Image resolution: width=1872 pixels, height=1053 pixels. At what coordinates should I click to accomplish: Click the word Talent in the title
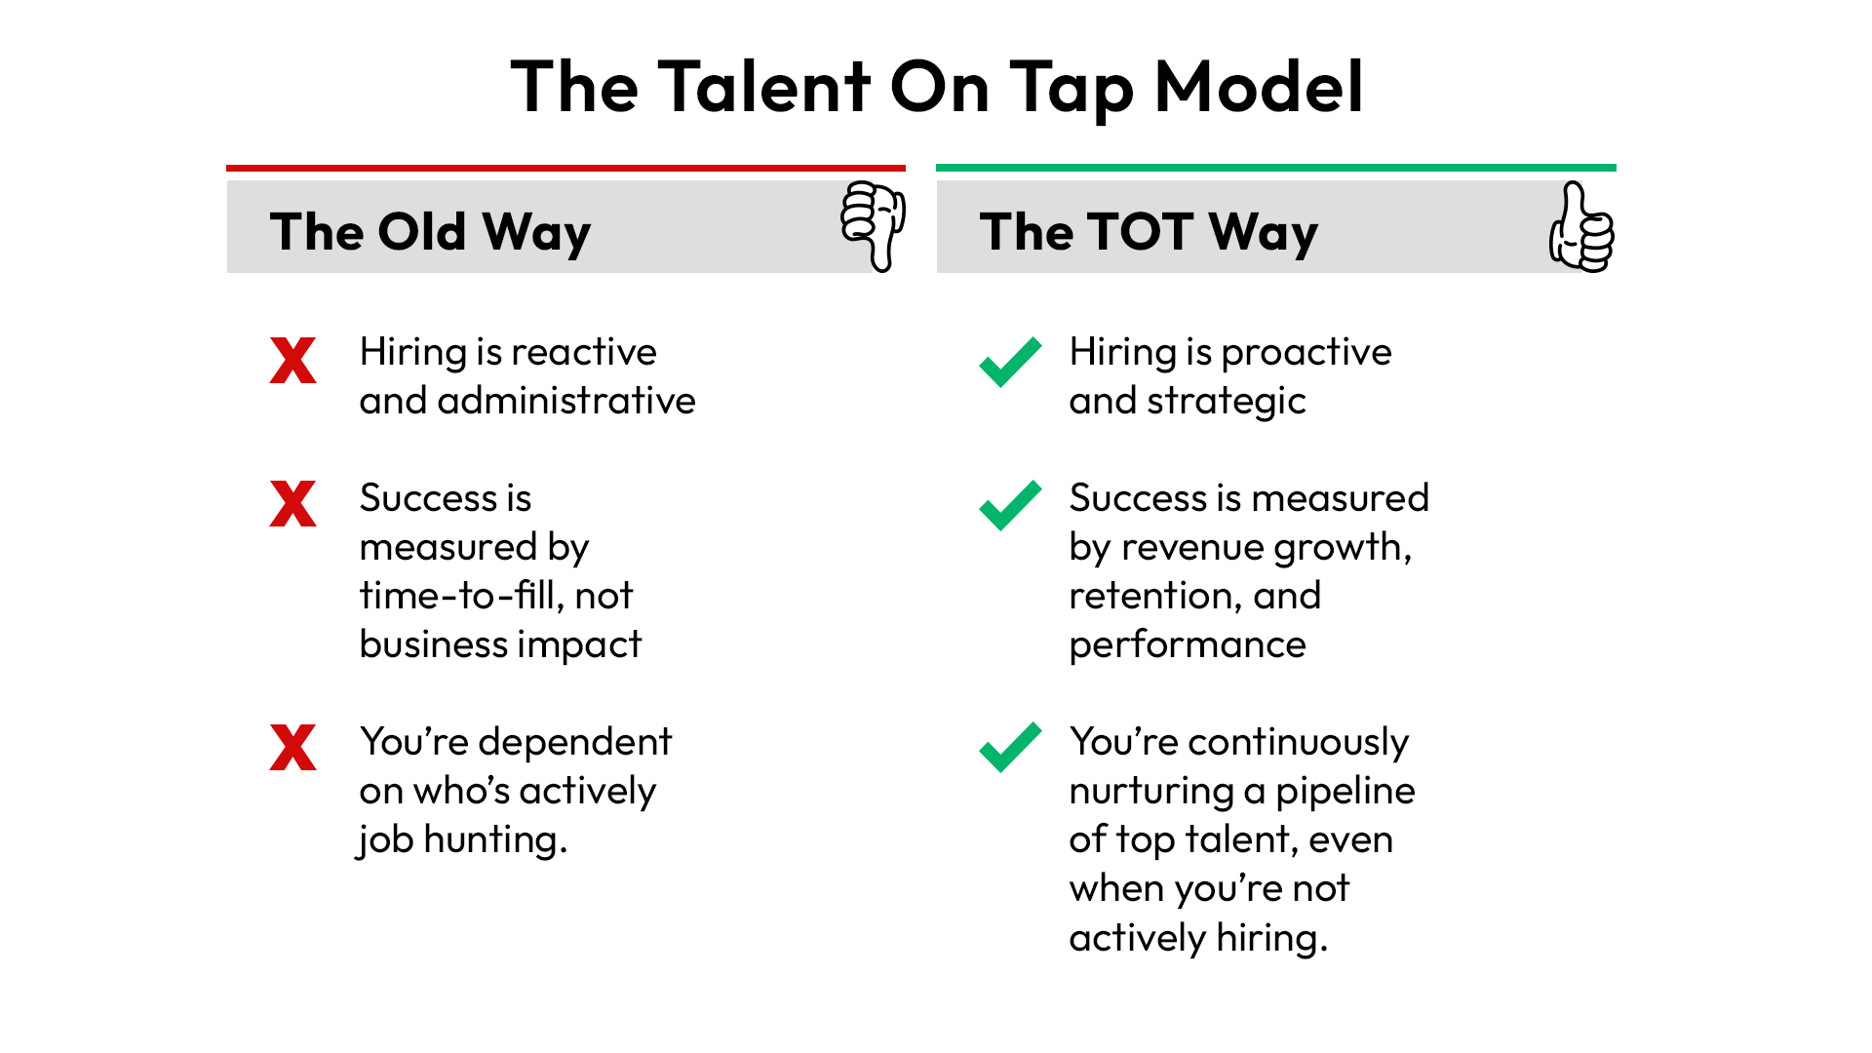click(763, 87)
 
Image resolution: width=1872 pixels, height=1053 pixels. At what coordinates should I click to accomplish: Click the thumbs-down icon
click(874, 226)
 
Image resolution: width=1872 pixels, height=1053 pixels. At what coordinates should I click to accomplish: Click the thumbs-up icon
click(1581, 226)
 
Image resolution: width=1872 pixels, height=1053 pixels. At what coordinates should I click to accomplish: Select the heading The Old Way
click(430, 233)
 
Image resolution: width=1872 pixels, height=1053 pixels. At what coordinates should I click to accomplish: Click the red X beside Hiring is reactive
click(293, 360)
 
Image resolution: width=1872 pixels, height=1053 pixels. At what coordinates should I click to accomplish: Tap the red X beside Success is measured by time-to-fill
click(293, 504)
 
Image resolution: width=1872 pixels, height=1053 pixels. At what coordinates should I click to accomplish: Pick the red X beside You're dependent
click(293, 748)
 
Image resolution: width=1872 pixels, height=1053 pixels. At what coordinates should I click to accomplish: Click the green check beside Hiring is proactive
click(1010, 362)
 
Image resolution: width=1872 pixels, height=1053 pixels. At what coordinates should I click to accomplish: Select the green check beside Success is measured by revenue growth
click(1010, 505)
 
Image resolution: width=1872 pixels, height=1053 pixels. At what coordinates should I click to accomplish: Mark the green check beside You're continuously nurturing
click(1010, 748)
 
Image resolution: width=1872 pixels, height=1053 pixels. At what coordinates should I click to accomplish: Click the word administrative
click(566, 401)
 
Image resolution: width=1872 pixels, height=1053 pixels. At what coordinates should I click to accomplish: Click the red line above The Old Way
click(566, 168)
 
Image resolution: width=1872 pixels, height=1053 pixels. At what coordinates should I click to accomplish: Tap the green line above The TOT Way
click(1276, 168)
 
